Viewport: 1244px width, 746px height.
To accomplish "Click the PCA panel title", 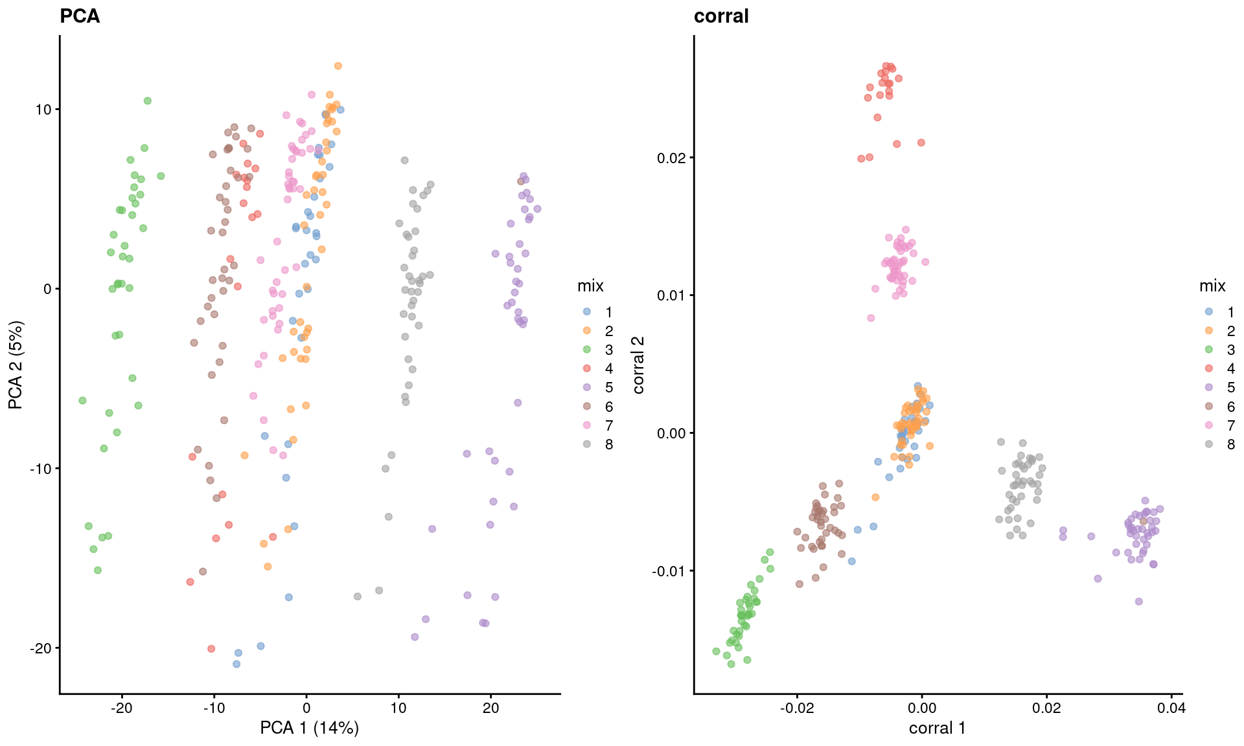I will pos(80,16).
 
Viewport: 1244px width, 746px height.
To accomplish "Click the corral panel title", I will pos(721,16).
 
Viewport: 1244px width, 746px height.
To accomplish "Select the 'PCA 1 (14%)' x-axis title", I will pos(309,728).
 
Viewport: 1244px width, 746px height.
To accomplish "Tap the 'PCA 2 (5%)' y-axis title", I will pos(16,365).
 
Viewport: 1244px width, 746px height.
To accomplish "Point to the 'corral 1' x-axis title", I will pos(937,728).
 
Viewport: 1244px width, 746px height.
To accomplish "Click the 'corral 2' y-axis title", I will pos(639,365).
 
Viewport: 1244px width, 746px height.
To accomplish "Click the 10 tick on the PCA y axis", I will pos(43,109).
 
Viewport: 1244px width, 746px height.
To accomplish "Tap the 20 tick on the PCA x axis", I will pos(491,708).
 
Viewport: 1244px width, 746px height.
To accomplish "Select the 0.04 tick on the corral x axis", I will pos(1171,708).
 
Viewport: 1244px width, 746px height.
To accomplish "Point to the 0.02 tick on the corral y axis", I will pos(670,158).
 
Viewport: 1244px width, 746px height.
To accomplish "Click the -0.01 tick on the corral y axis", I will pos(667,571).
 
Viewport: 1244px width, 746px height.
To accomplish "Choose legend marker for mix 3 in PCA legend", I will pos(587,350).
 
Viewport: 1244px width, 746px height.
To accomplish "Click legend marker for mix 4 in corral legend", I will pos(1209,368).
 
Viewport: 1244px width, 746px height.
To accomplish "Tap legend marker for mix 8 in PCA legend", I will pos(587,444).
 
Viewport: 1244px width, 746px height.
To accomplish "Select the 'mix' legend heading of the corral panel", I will pos(1212,286).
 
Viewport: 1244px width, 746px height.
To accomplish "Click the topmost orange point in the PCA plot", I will pos(338,66).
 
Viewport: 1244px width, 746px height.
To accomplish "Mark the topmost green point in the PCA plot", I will pos(148,100).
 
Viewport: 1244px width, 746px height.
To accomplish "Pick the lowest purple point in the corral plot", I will pos(1138,602).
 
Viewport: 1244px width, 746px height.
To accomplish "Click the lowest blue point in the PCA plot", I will pos(236,664).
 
